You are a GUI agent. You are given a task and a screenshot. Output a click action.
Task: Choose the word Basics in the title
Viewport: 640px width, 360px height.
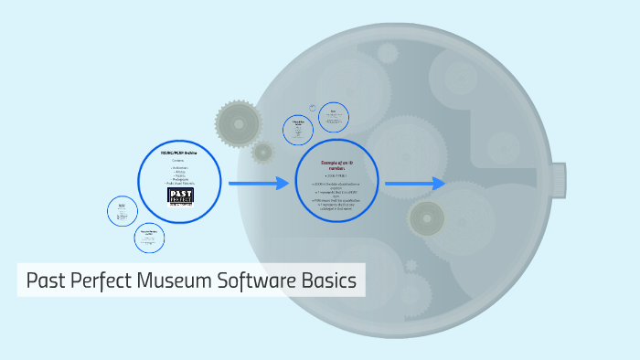[327, 281]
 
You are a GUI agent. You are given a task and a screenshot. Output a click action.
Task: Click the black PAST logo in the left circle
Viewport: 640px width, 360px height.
[180, 195]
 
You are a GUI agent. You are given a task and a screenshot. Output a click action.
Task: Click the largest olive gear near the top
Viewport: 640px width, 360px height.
[240, 122]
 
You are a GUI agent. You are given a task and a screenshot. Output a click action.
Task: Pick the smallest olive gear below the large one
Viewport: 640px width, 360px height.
[263, 152]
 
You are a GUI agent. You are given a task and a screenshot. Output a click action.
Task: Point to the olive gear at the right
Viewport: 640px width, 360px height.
[426, 218]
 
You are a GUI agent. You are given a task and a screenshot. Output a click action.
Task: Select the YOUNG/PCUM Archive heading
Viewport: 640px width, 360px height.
[179, 152]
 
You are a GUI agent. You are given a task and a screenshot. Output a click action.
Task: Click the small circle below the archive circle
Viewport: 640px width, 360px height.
[149, 238]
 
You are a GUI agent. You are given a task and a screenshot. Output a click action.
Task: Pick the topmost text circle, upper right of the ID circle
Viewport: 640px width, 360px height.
[334, 116]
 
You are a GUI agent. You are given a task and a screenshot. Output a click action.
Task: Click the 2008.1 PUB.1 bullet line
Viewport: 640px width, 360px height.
[336, 176]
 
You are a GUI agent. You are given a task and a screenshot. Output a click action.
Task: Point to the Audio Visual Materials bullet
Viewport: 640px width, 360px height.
[180, 184]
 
